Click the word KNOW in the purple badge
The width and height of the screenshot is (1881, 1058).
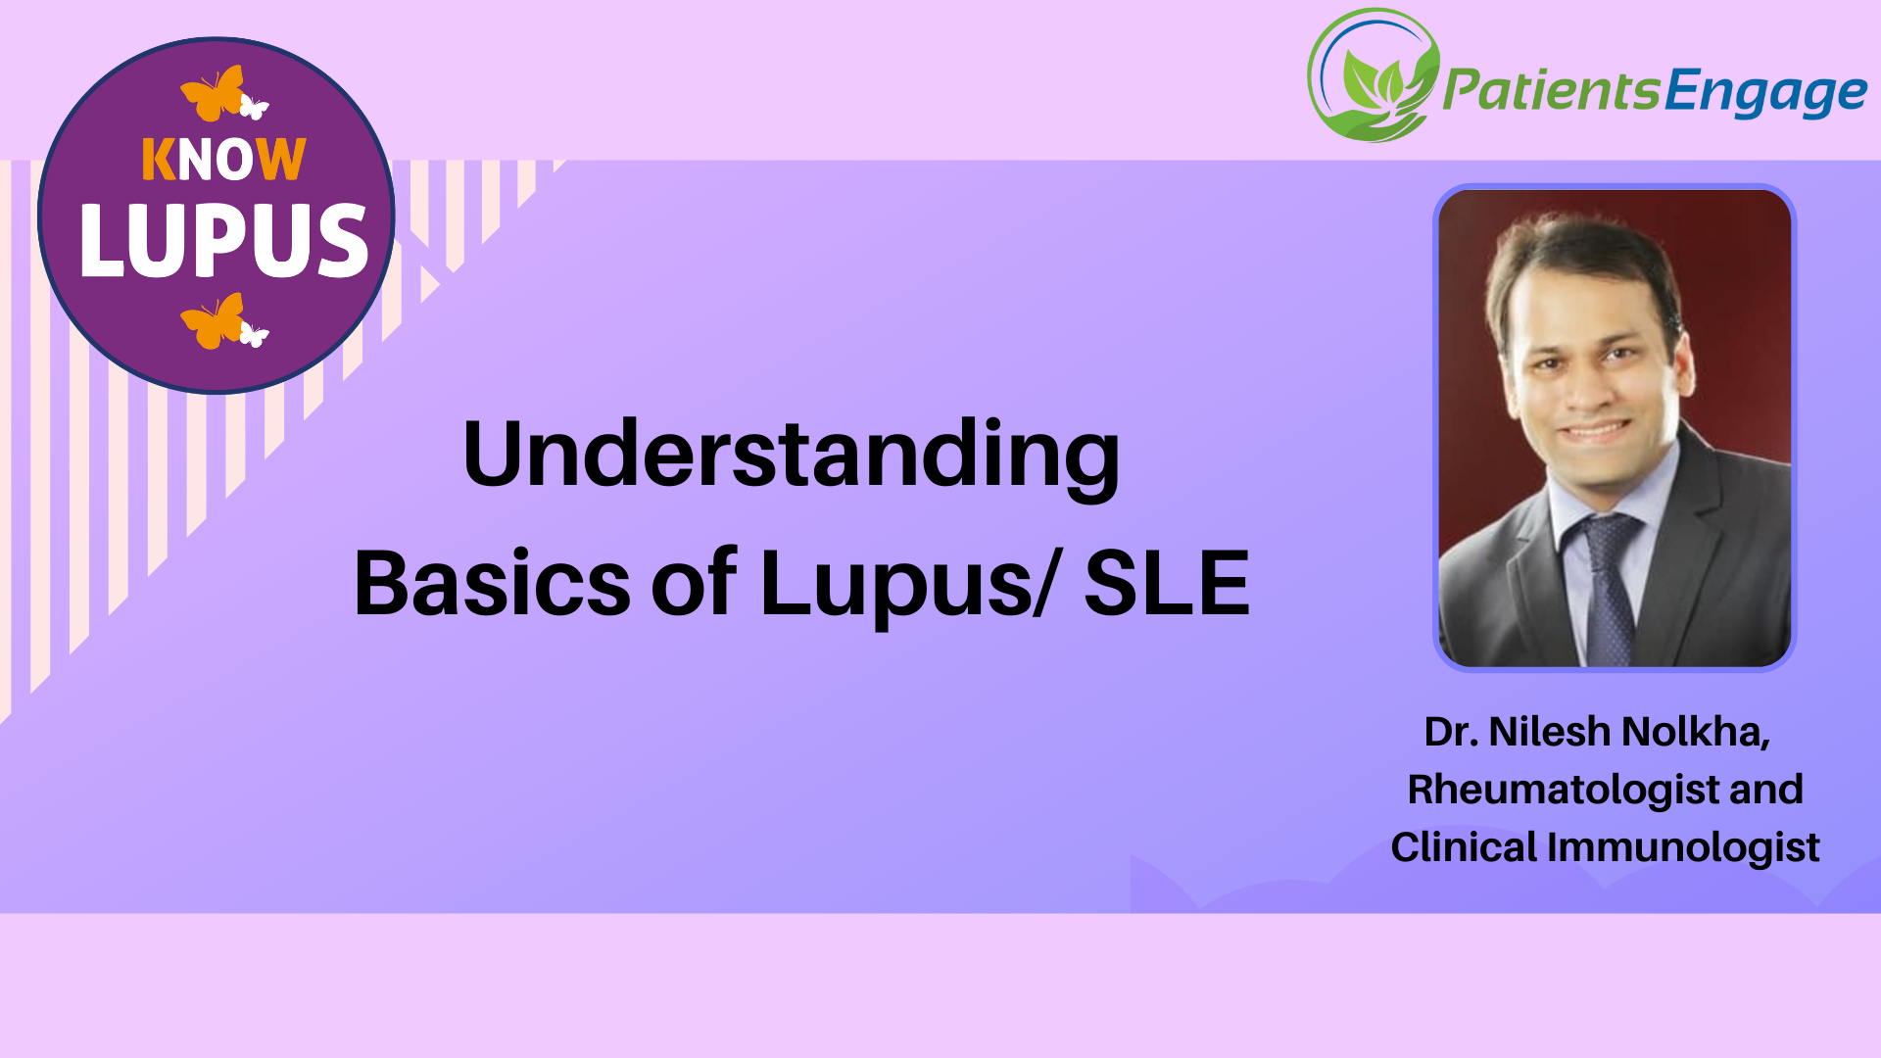pyautogui.click(x=223, y=160)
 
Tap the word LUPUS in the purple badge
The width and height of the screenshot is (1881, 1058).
pyautogui.click(x=223, y=240)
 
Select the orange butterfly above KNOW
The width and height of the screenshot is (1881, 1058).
pyautogui.click(x=213, y=94)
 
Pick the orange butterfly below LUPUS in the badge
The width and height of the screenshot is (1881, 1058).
pyautogui.click(x=213, y=321)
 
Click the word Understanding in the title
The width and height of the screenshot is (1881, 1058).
pyautogui.click(x=792, y=455)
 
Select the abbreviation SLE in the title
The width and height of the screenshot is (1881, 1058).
pyautogui.click(x=1166, y=584)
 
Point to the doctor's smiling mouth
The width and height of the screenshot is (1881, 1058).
pyautogui.click(x=1598, y=431)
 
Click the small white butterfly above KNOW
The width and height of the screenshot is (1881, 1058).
pyautogui.click(x=254, y=107)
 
